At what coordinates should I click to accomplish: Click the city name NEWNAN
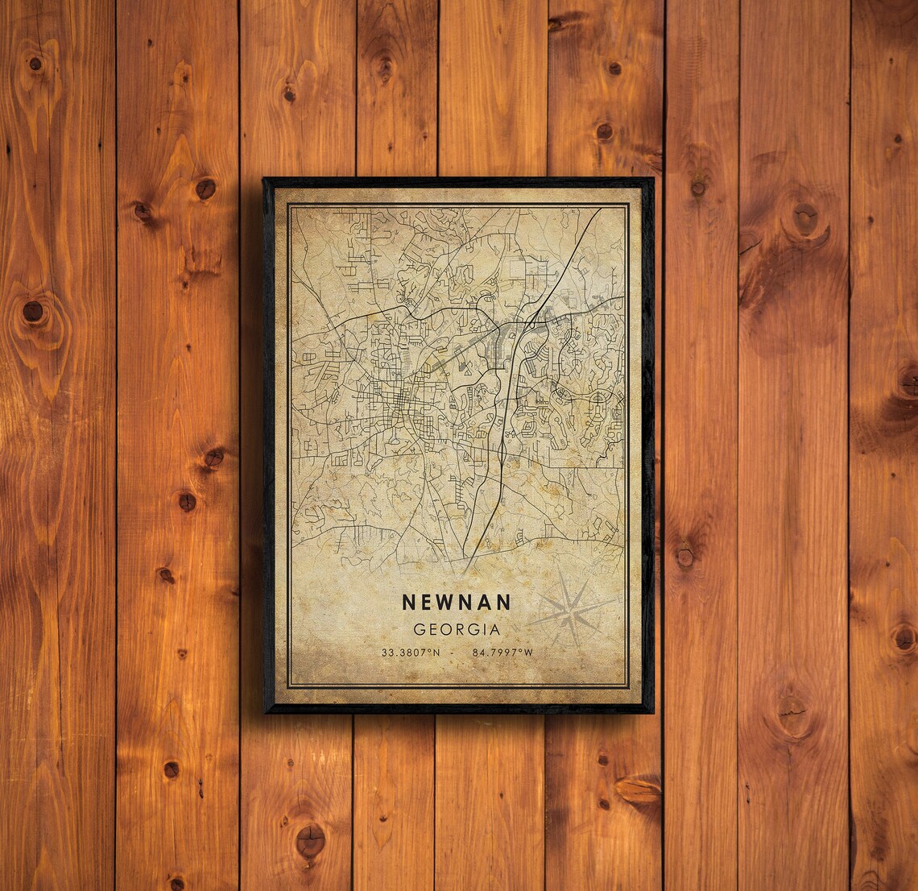pos(456,603)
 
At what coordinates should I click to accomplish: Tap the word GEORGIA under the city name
pos(456,629)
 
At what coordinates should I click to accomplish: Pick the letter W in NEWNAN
pos(445,603)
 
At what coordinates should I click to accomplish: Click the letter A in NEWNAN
pos(484,603)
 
